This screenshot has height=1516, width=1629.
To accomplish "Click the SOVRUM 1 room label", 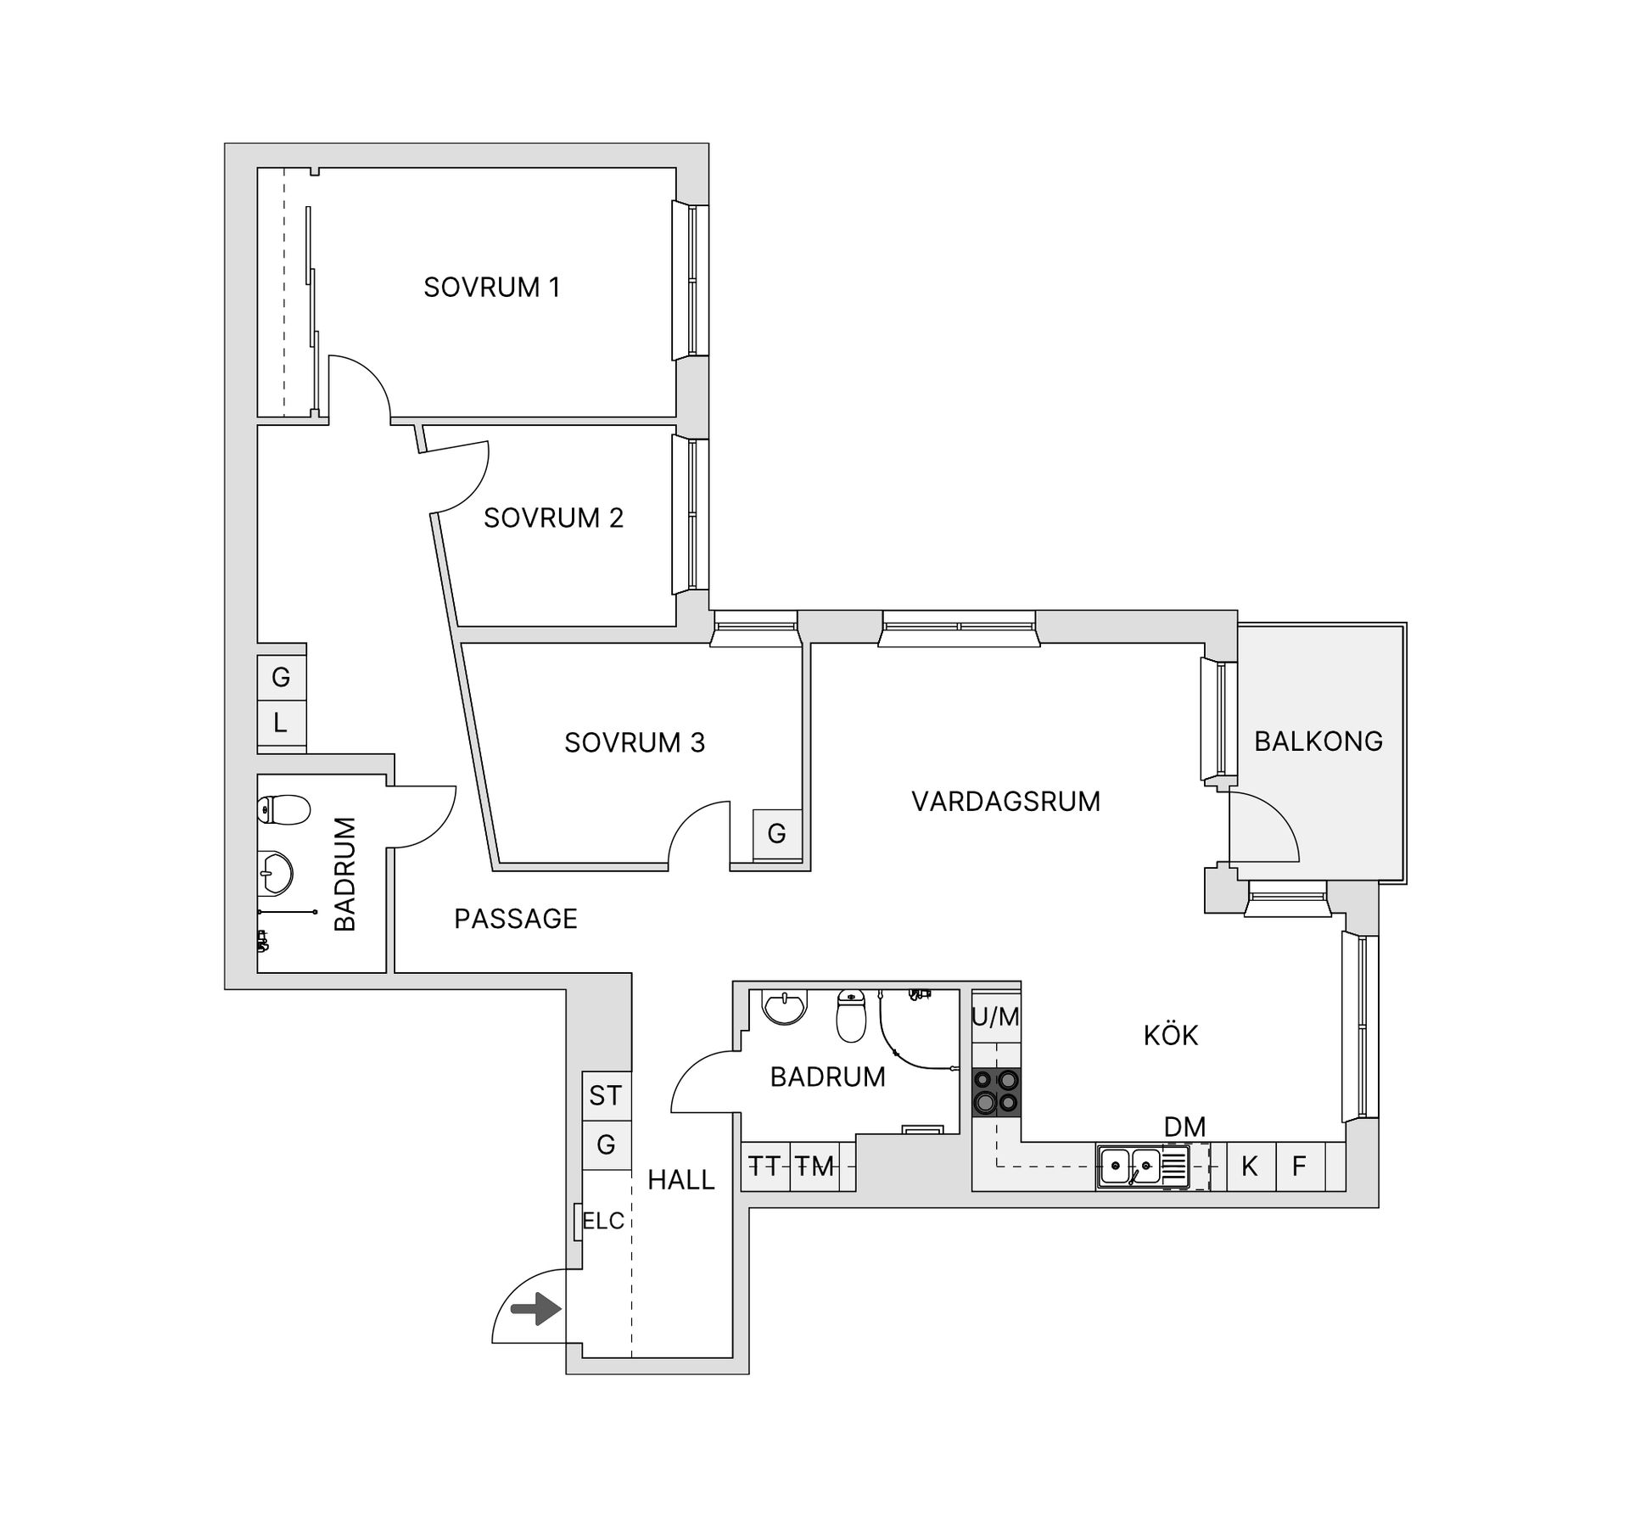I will (492, 288).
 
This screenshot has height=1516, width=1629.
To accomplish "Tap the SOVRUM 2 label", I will (553, 517).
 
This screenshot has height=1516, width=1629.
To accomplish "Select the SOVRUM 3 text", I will (635, 742).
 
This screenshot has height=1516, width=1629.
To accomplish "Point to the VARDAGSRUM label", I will (1005, 802).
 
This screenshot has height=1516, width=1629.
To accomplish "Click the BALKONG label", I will (1318, 741).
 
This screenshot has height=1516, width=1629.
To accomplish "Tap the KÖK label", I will (1171, 1036).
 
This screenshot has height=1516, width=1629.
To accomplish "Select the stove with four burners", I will (996, 1092).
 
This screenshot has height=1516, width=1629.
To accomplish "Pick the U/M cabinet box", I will (996, 1017).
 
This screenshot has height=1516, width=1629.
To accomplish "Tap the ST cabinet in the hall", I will (606, 1095).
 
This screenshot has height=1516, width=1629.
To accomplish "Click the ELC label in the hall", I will (603, 1221).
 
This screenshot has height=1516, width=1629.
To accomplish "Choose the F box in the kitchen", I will (1299, 1166).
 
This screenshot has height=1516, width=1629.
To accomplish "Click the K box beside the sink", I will (1250, 1166).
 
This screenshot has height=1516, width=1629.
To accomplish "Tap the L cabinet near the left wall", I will (281, 724).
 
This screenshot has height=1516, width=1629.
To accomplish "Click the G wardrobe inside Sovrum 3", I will (777, 833).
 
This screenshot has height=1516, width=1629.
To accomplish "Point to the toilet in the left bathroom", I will (284, 810).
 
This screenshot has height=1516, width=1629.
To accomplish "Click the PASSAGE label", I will (516, 919).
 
